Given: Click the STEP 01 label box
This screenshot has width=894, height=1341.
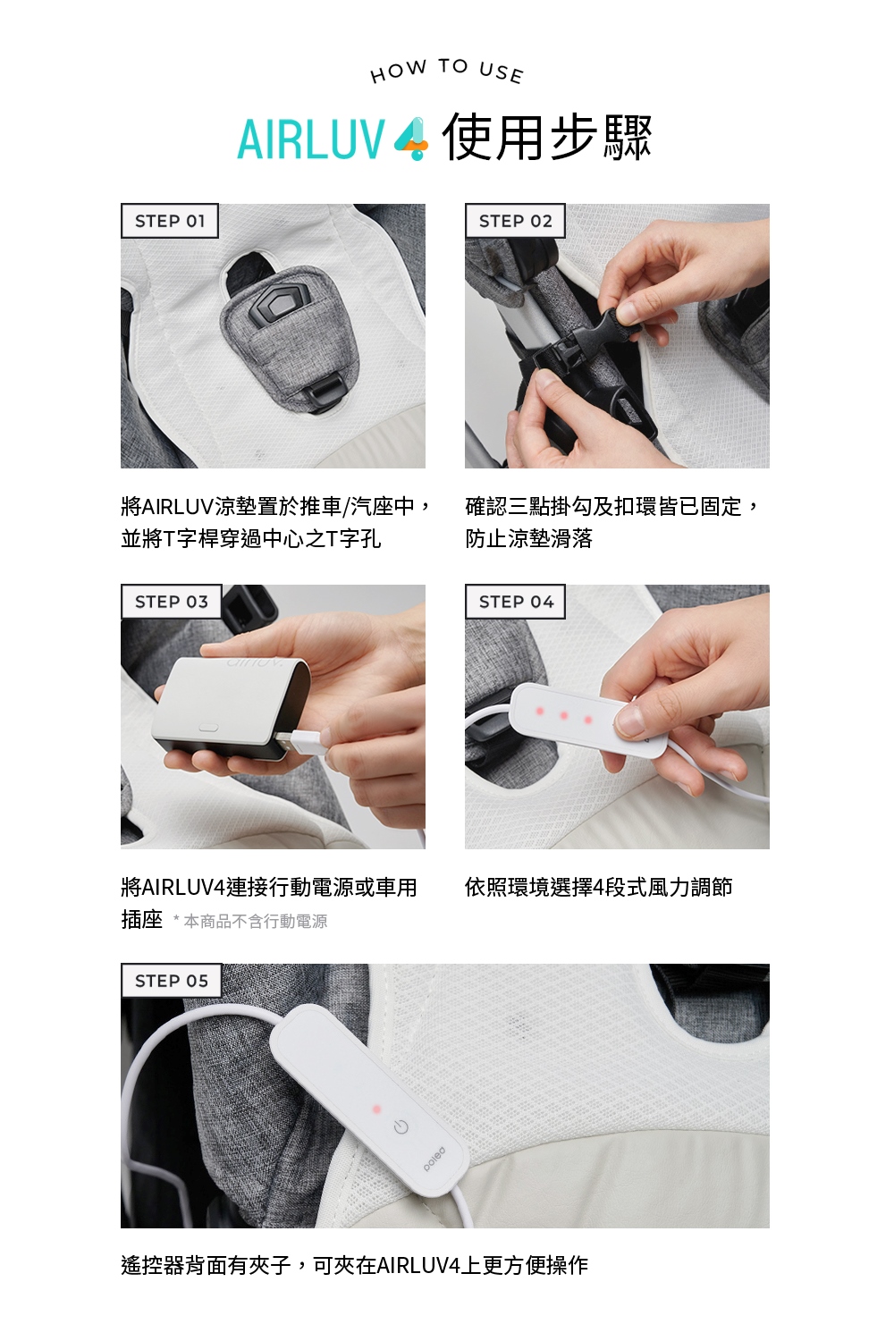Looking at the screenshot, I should tap(170, 221).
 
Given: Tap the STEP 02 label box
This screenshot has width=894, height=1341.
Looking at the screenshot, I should tap(515, 221).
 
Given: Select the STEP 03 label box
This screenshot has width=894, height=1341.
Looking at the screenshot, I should tap(171, 602).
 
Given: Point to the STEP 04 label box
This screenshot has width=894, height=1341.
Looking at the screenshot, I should tap(516, 602).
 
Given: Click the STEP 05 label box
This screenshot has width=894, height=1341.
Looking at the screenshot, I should tap(171, 981).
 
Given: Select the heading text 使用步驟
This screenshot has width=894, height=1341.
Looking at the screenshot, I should tap(547, 139).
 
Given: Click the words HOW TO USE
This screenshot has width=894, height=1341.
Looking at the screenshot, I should tap(447, 71).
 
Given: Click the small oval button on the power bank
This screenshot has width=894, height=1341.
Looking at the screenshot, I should tap(207, 726).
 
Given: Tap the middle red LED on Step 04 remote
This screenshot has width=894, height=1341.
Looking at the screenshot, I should tap(563, 715).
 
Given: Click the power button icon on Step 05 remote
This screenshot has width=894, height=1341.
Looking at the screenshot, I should tap(401, 1127).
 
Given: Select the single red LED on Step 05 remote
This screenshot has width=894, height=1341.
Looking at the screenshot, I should tap(376, 1109).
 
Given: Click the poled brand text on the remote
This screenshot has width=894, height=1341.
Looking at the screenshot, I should tap(434, 1159).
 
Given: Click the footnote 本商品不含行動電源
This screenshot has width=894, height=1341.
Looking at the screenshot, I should tap(255, 922).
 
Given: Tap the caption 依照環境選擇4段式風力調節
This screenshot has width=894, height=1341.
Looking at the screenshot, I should tap(598, 888).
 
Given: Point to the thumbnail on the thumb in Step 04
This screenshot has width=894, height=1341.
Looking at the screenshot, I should tap(631, 721).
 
